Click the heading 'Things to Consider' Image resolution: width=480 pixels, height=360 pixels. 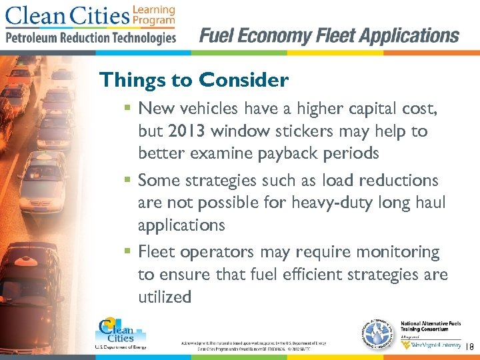tap(193, 81)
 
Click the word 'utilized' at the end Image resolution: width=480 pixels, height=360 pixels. tap(165, 297)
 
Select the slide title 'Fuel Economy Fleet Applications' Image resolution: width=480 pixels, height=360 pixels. tap(329, 35)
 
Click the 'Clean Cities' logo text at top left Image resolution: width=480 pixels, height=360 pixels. tap(66, 16)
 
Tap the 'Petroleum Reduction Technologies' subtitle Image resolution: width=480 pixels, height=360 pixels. tap(91, 37)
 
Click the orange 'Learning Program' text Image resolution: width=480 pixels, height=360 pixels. tap(153, 15)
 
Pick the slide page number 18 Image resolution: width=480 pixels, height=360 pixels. tap(469, 347)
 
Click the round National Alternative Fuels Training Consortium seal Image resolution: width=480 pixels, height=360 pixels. tap(377, 332)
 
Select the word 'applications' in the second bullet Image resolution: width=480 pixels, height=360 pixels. tap(181, 225)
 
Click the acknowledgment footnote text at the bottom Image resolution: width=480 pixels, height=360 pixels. tap(253, 345)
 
